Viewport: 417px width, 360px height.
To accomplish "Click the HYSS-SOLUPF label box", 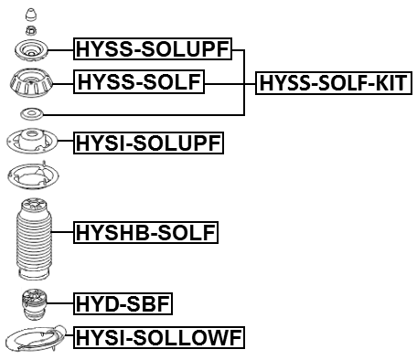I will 152,50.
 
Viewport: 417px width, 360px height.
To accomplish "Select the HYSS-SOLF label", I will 139,83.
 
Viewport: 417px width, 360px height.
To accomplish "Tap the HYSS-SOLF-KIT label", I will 334,84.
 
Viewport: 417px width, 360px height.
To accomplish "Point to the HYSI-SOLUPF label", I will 149,143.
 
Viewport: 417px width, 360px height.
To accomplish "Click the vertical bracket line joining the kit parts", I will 244,82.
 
